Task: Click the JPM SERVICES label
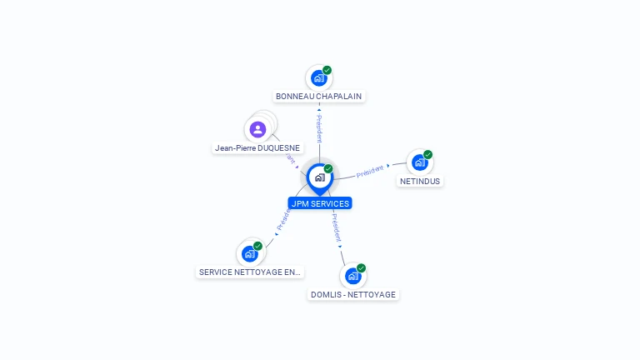click(320, 203)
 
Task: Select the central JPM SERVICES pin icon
click(319, 177)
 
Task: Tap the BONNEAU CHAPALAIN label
click(319, 97)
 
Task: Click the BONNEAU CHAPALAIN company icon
click(318, 78)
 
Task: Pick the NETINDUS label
click(419, 181)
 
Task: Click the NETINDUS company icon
click(419, 162)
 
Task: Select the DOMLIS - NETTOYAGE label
click(353, 294)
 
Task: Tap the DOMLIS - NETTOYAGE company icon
click(353, 276)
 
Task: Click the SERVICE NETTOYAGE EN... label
click(250, 272)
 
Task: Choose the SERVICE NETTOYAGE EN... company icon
click(250, 253)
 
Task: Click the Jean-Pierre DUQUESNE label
click(257, 148)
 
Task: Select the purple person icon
click(257, 129)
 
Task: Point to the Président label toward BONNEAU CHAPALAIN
click(319, 128)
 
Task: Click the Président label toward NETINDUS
click(370, 171)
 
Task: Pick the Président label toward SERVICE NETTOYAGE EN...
click(284, 219)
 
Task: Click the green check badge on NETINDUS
click(427, 154)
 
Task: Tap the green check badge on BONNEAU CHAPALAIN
click(327, 70)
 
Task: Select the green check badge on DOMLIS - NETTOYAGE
click(361, 268)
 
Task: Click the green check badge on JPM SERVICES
click(328, 169)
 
